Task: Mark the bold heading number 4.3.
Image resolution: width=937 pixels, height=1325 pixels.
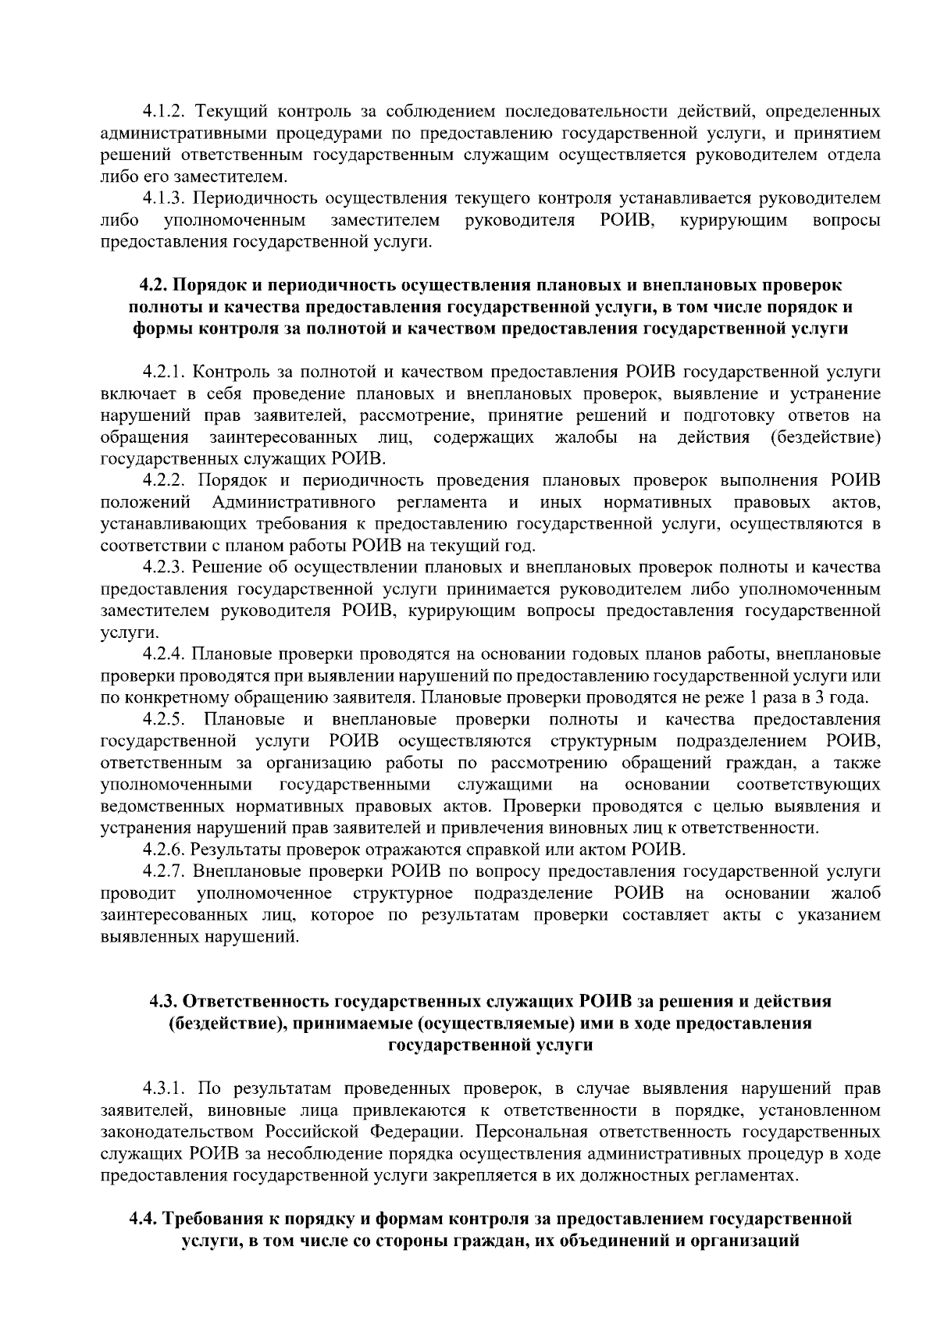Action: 165,1001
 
